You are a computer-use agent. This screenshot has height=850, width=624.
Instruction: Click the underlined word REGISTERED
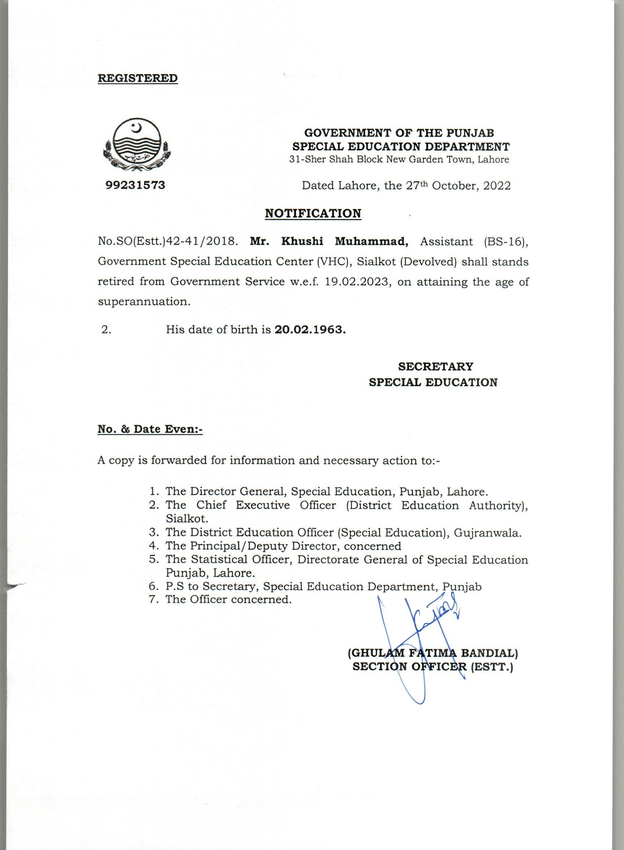(138, 78)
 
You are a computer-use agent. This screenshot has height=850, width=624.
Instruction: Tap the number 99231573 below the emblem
(135, 185)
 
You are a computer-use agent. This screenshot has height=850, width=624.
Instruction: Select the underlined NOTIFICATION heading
(313, 213)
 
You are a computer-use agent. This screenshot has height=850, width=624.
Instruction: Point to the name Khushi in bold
(302, 241)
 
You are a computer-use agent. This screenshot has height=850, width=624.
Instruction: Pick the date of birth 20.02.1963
(310, 329)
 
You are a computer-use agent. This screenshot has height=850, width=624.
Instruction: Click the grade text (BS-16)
(506, 241)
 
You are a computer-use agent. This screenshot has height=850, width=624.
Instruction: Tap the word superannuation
(144, 302)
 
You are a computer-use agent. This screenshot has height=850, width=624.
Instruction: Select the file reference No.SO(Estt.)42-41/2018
(168, 241)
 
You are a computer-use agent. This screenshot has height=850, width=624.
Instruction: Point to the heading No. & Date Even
(150, 429)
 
